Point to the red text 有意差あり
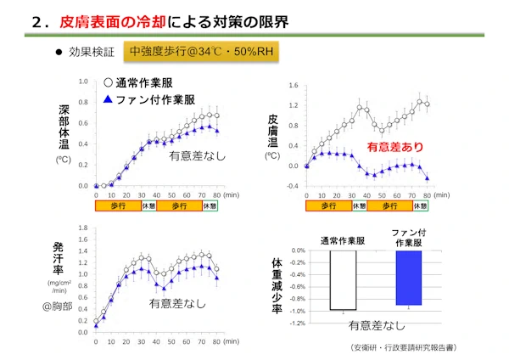point(394,147)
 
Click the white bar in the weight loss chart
point(342,280)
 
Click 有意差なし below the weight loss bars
point(376,324)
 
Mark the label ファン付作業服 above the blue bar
point(411,237)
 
